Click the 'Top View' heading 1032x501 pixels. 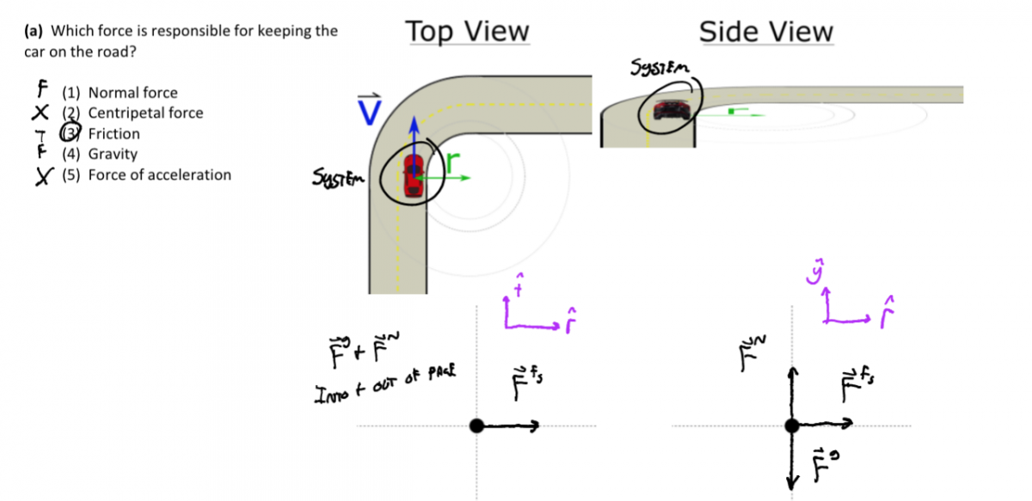(x=467, y=32)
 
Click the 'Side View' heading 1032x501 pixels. (x=765, y=32)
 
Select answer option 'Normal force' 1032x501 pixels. (x=132, y=93)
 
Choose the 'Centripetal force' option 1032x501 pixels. (x=145, y=113)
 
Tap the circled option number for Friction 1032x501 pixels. (x=71, y=133)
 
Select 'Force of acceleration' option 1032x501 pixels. (x=159, y=175)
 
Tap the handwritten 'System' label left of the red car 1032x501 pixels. (x=340, y=180)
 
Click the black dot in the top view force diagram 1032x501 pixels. (x=477, y=425)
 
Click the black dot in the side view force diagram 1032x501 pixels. (x=792, y=425)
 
